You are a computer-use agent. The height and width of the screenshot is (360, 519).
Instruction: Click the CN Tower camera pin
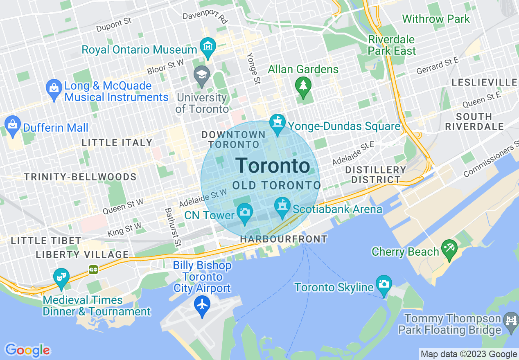(245, 213)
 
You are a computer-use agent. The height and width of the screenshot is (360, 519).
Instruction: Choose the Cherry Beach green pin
(449, 249)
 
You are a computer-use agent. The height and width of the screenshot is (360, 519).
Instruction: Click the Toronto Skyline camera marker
(384, 285)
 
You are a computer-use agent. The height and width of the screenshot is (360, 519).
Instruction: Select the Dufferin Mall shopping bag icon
(13, 125)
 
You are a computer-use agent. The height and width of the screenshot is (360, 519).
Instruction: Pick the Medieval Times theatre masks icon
(61, 277)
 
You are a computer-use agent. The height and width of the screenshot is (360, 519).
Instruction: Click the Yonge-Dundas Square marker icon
(277, 124)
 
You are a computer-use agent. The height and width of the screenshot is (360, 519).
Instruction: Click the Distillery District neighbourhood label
(375, 175)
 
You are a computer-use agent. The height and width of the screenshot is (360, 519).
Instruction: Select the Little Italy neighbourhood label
(117, 142)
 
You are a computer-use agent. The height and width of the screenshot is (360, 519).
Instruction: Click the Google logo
(27, 350)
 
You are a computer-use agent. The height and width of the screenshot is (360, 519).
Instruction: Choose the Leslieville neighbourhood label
(484, 82)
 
